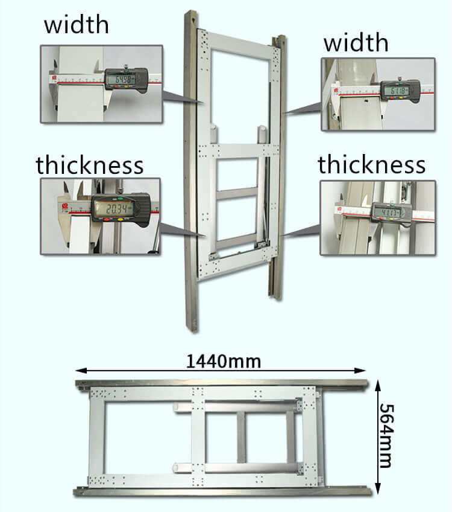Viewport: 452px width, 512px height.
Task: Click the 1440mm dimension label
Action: (223, 362)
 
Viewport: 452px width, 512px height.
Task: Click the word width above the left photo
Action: (76, 25)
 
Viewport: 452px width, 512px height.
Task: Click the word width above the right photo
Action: (356, 43)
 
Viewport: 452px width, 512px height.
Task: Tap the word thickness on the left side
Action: (89, 165)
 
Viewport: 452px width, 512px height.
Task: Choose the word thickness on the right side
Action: (372, 165)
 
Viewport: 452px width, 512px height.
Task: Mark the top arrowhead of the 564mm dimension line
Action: (378, 383)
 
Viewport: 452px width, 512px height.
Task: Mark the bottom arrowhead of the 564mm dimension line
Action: (378, 493)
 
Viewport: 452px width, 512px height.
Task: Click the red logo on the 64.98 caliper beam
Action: (55, 78)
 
